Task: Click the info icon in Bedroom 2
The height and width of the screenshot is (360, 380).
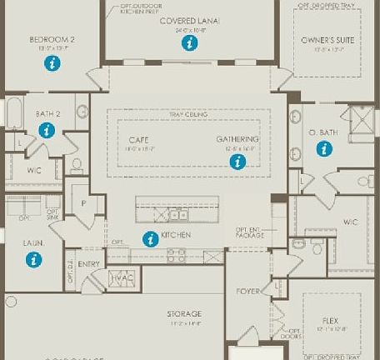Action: tap(52, 64)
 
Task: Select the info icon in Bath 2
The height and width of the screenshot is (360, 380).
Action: tap(46, 130)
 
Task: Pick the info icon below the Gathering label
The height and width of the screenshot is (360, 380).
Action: tap(239, 162)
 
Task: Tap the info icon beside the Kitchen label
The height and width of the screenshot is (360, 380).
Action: tap(150, 239)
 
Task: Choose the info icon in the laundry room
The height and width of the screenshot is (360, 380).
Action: tap(34, 259)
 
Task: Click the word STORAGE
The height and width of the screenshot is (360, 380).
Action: tap(184, 313)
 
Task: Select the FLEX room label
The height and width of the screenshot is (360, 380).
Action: tap(331, 319)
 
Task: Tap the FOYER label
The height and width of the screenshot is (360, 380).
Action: tap(247, 292)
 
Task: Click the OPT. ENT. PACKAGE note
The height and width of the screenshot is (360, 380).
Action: tap(249, 232)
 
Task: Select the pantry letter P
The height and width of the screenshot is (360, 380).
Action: tap(83, 202)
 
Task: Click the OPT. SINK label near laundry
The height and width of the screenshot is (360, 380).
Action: tap(52, 213)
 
